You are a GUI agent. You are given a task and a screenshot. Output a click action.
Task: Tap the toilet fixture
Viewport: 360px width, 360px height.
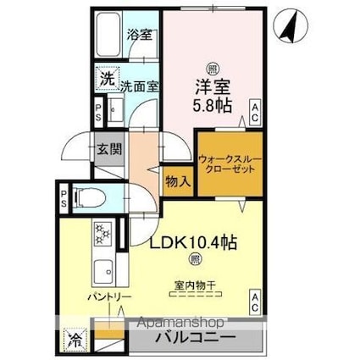90,200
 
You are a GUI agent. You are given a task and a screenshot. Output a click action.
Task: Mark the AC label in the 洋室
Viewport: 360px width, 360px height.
253,107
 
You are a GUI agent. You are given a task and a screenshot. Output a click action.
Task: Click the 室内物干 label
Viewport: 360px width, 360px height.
196,285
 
